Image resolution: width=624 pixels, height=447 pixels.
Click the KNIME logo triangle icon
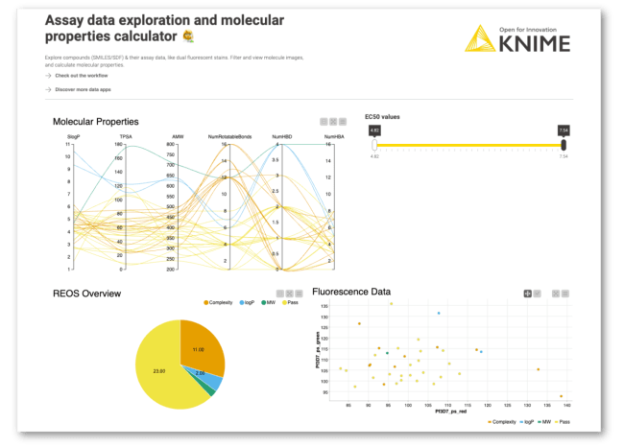pyautogui.click(x=479, y=40)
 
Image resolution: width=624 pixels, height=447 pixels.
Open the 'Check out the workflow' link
pyautogui.click(x=81, y=75)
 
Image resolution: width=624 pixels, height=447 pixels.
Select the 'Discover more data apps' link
pyautogui.click(x=85, y=89)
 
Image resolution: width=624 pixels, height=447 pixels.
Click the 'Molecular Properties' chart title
pyautogui.click(x=96, y=122)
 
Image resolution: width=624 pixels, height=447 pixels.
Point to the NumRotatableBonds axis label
pyautogui.click(x=227, y=137)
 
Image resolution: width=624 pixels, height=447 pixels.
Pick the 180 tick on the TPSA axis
pyautogui.click(x=118, y=144)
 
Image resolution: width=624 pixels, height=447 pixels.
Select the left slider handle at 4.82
pyautogui.click(x=375, y=144)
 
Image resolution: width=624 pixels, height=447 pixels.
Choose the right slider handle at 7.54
pyautogui.click(x=564, y=144)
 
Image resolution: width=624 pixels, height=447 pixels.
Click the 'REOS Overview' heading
pyautogui.click(x=87, y=293)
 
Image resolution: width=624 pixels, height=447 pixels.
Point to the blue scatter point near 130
pyautogui.click(x=439, y=313)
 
